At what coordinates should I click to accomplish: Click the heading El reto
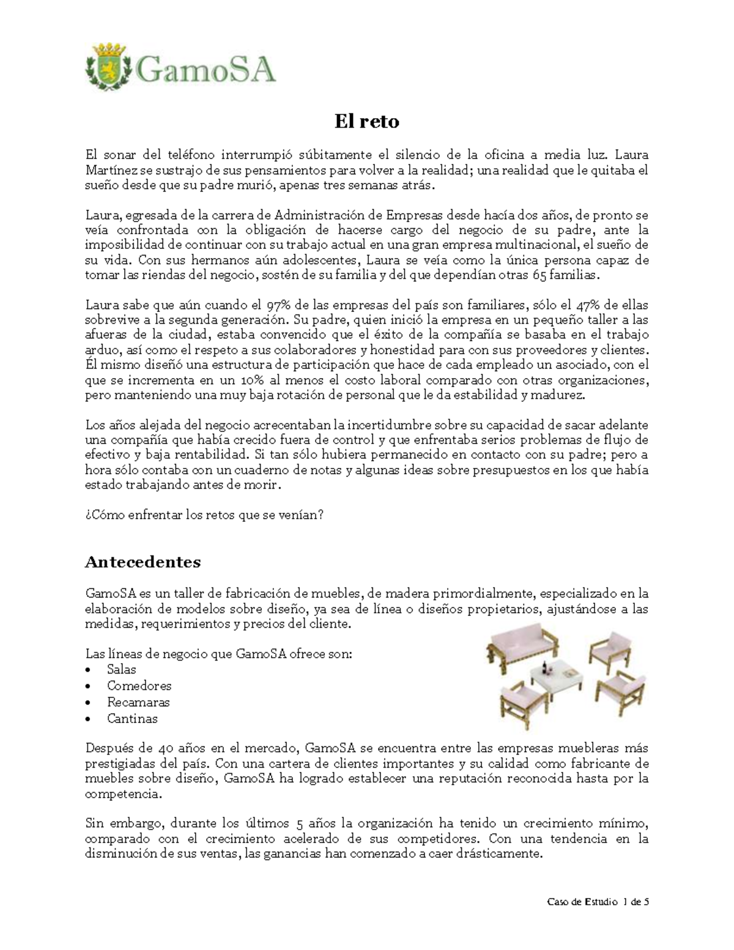(366, 122)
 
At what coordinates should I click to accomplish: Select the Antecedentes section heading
(143, 562)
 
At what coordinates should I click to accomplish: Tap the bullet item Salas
(121, 669)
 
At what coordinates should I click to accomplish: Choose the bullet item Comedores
(139, 686)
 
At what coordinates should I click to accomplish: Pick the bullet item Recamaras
(138, 702)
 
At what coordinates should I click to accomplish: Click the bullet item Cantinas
(132, 719)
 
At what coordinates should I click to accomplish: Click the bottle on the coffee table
(549, 666)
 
